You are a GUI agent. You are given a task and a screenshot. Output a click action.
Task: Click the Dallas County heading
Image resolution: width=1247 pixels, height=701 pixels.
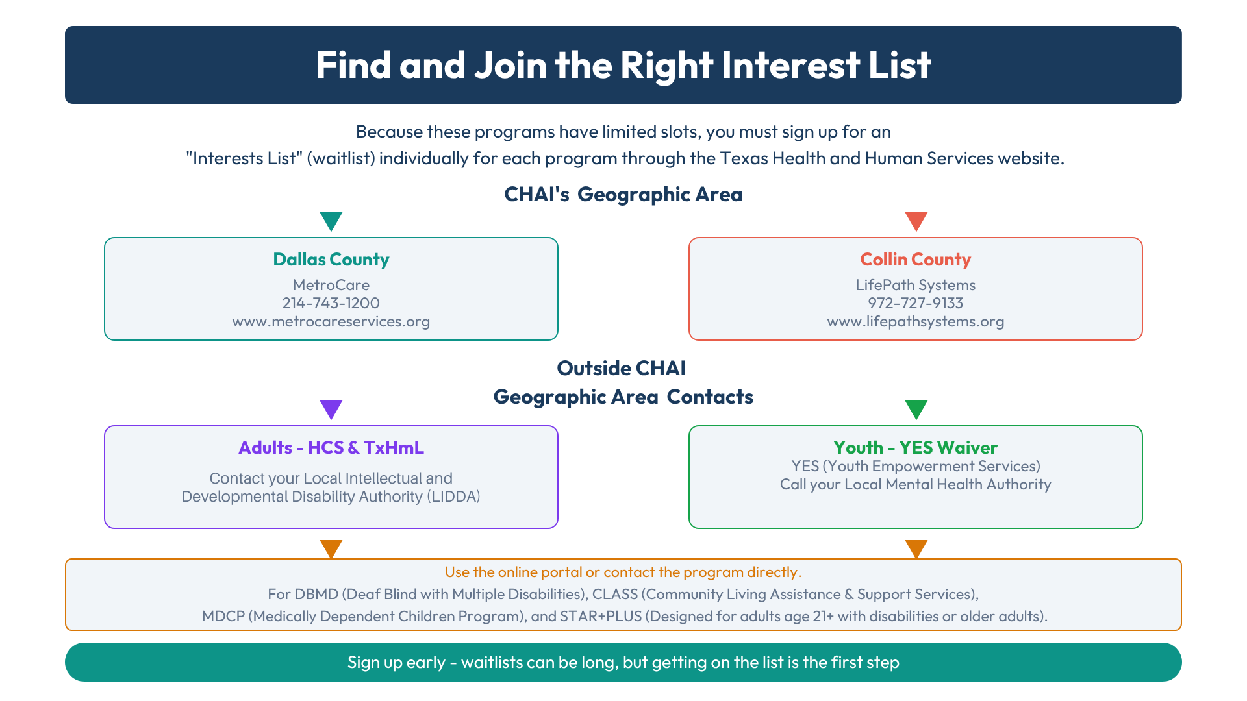(x=331, y=260)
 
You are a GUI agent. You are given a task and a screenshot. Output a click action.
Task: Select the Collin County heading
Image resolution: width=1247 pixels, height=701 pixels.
(x=916, y=260)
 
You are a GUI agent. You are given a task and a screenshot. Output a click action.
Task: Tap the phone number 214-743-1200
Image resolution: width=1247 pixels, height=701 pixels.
(x=331, y=303)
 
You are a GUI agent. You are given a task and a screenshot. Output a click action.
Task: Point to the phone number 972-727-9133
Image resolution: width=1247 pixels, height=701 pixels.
(x=916, y=303)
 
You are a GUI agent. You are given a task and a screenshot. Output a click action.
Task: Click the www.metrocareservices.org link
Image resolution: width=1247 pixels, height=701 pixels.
(x=331, y=322)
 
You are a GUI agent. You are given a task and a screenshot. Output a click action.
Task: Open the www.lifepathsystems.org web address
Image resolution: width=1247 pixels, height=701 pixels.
(x=916, y=322)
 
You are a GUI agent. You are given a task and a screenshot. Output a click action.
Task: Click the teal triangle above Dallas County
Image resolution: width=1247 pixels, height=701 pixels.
(x=331, y=221)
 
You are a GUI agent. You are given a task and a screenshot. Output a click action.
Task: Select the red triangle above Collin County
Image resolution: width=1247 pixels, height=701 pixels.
(x=916, y=221)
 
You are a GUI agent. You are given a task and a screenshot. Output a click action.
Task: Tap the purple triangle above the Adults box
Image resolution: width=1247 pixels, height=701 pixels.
(x=331, y=410)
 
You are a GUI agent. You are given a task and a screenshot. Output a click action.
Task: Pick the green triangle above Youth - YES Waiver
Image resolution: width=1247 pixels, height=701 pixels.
(x=916, y=410)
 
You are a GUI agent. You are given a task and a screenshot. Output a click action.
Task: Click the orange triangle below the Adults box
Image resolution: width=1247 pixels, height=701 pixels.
(x=331, y=549)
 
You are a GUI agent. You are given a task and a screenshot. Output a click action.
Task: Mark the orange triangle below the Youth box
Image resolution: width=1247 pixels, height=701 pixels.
(x=916, y=549)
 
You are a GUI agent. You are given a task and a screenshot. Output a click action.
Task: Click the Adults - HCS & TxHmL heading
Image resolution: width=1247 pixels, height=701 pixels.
(x=331, y=448)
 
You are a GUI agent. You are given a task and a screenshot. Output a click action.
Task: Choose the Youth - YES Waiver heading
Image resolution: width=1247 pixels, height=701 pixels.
(x=916, y=448)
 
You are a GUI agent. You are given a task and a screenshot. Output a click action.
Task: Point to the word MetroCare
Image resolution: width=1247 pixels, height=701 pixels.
(x=331, y=285)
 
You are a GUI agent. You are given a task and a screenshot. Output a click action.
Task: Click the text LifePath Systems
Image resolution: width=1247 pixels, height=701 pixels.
(x=916, y=285)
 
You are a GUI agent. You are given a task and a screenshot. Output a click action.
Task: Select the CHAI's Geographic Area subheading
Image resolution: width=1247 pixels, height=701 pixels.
(x=623, y=195)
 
